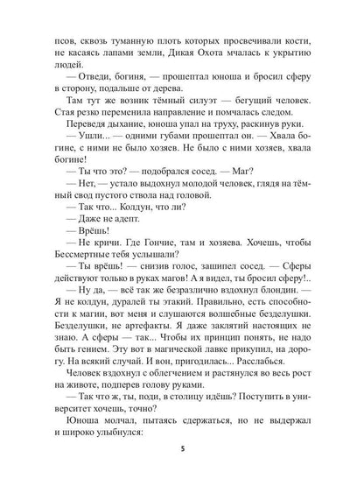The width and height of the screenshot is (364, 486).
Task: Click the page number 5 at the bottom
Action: point(182,458)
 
